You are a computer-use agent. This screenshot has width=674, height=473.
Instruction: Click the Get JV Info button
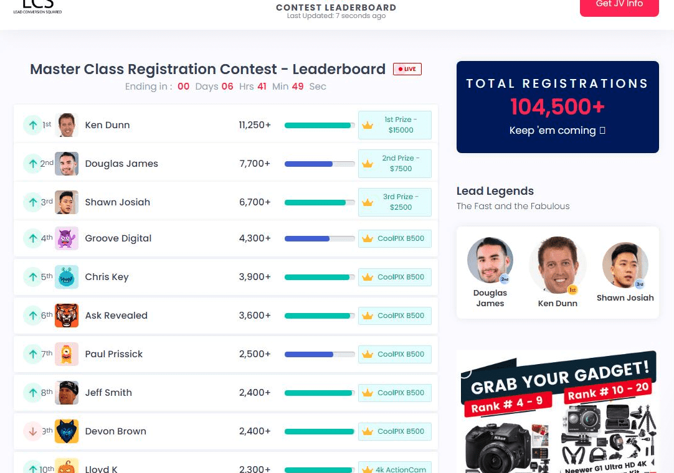point(619,5)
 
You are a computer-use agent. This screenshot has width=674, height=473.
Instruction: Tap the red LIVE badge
point(407,69)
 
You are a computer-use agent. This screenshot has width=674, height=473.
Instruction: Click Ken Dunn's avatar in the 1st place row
point(67,125)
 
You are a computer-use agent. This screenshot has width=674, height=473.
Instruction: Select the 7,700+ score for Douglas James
point(255,164)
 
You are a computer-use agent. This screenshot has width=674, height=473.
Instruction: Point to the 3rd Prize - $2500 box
point(395,202)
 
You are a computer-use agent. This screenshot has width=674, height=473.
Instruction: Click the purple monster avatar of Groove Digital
point(67,238)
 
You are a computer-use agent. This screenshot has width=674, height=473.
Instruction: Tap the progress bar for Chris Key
point(320,277)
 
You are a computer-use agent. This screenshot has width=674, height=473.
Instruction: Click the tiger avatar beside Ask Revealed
point(67,316)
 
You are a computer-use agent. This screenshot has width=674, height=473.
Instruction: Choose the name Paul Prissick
point(114,354)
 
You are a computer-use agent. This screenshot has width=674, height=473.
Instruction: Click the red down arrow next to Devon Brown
point(32,431)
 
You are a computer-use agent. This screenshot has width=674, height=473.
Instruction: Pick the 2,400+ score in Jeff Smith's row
point(255,393)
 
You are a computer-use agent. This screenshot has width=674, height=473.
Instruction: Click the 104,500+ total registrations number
point(558,107)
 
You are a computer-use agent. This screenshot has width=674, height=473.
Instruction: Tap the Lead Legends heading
point(495,191)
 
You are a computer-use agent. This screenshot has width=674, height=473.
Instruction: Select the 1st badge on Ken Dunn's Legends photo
point(572,290)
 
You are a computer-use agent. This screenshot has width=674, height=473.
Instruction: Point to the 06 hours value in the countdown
point(227,87)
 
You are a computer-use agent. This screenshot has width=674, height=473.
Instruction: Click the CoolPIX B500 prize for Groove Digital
point(395,238)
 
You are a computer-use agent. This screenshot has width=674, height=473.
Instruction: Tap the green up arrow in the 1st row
point(32,125)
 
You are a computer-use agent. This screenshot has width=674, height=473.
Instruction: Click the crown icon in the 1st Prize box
point(368,125)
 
